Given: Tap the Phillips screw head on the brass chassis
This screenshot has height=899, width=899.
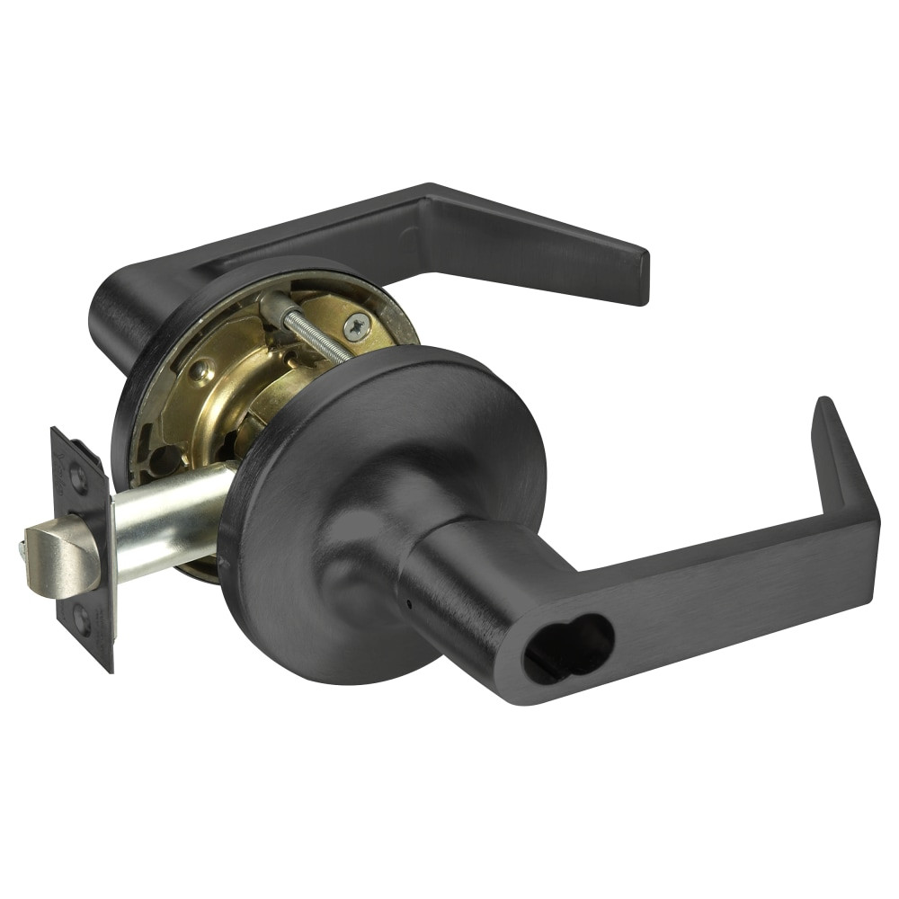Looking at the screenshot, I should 357,326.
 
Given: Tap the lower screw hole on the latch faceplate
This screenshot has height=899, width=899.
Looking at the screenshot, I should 82,619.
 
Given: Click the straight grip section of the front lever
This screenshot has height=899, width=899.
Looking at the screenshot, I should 719,584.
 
